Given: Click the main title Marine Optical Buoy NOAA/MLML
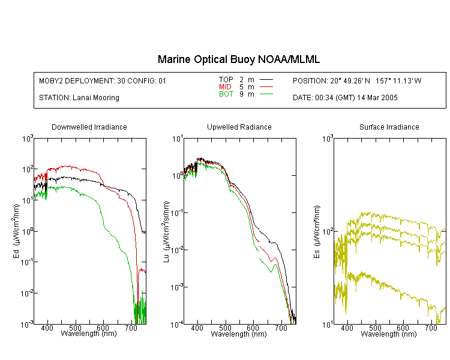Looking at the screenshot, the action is [238, 59].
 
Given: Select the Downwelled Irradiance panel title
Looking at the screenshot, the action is [89, 127].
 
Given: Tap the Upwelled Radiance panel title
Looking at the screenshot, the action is [239, 127].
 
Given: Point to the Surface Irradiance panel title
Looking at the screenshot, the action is [389, 127].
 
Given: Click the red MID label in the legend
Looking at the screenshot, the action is [225, 86].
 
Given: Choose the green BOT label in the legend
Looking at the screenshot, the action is [226, 94].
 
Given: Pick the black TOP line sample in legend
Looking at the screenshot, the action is [266, 80].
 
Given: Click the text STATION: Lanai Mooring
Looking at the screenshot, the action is [79, 98].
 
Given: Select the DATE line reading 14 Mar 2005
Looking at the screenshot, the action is [345, 98].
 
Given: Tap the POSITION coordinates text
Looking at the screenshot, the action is [357, 81].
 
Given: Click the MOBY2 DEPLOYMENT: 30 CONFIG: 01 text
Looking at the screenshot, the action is [103, 81].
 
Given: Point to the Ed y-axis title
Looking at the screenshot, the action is [16, 231].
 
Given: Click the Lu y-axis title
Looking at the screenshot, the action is [166, 232].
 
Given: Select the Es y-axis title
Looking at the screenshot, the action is [317, 232].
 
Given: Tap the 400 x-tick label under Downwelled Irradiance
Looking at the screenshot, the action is [47, 328].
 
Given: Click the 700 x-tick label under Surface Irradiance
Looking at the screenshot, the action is [431, 328].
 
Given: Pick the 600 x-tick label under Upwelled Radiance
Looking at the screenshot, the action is [253, 328].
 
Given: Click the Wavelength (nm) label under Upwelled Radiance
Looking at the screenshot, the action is [239, 334].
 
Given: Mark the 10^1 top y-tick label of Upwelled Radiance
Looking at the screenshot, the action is [178, 139].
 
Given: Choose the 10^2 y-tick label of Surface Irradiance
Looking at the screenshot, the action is [328, 232].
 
